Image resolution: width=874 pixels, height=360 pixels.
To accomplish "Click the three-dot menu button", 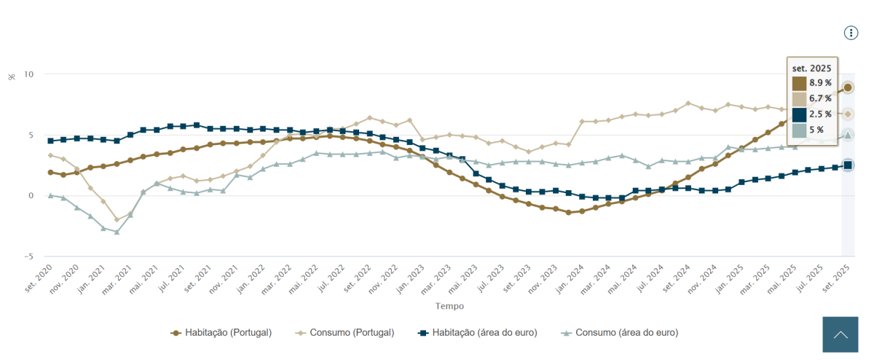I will (851, 33).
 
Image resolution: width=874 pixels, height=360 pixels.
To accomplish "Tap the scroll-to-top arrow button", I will (840, 334).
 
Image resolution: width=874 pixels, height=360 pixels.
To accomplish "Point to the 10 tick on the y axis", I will (28, 74).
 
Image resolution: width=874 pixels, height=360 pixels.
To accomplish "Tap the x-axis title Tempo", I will (449, 306).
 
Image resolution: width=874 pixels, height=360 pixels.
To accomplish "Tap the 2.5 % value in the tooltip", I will (820, 114).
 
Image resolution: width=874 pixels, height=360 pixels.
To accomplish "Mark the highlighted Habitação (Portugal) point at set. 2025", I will (848, 87).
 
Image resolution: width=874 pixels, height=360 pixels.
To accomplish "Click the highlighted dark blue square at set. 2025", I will (848, 165).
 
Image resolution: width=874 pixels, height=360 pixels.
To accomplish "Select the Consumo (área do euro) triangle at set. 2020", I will (50, 195).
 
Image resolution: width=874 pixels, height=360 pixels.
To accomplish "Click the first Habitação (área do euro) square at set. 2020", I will (50, 141).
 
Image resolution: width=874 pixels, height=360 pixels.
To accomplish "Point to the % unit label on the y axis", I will (12, 76).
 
